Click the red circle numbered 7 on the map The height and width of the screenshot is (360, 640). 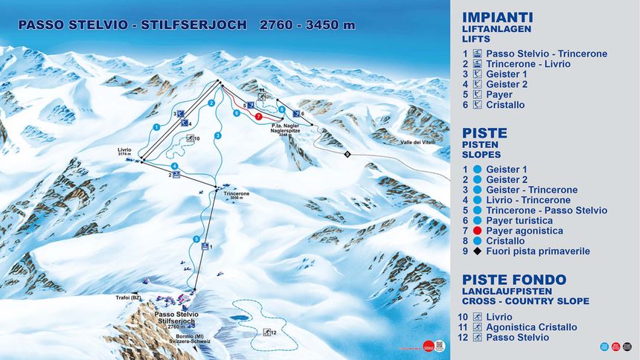(x=257, y=117)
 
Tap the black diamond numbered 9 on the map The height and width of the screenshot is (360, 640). (x=347, y=154)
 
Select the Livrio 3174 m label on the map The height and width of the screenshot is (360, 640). (x=124, y=152)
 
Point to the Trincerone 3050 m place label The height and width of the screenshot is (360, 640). (x=236, y=196)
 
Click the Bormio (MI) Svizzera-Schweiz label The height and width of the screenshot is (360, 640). (x=193, y=338)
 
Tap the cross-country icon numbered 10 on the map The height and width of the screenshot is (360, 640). (x=192, y=138)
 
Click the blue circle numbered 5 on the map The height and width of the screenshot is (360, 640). (x=196, y=239)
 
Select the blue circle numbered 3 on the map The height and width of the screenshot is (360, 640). (x=218, y=135)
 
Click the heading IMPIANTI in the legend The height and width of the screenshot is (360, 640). (x=497, y=17)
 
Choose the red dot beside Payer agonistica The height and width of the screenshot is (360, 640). (x=477, y=231)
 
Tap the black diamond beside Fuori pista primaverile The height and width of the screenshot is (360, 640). (x=477, y=251)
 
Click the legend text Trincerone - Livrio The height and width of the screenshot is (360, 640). (x=528, y=64)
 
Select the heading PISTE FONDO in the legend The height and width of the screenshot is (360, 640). (x=514, y=280)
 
